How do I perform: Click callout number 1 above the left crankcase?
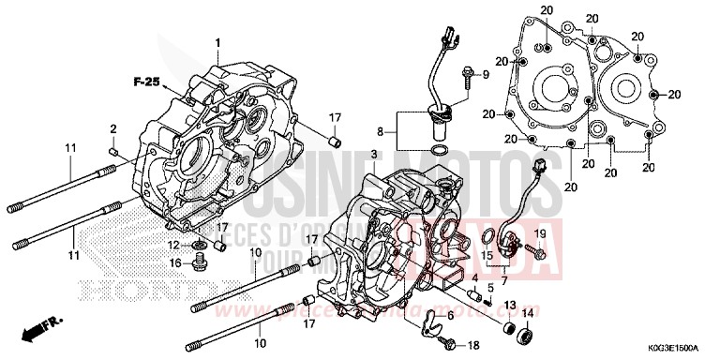coord(218,43)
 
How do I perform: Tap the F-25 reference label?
coord(147,83)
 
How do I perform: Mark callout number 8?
coord(382,132)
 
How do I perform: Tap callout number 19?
coord(539,232)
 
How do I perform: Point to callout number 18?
coord(472,345)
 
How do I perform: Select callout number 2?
coord(113,128)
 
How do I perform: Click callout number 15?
coord(487,254)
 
